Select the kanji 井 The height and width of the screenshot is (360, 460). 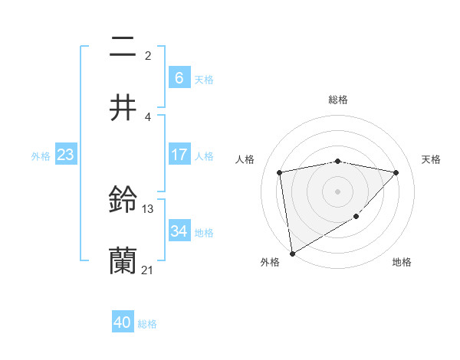[x=123, y=107]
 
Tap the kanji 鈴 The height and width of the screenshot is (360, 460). [x=123, y=201]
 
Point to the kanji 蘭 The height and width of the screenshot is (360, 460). [x=123, y=261]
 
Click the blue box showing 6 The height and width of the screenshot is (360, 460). [x=179, y=77]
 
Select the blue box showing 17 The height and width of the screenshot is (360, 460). [x=179, y=155]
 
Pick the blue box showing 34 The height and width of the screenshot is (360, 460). [x=179, y=231]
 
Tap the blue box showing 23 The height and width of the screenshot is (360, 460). [x=65, y=155]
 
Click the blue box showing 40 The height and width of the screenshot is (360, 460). [x=123, y=322]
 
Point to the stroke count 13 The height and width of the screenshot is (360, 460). [x=148, y=208]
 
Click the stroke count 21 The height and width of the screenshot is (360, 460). [x=148, y=270]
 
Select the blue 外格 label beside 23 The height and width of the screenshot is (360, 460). [x=41, y=156]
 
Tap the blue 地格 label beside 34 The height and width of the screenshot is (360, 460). [x=204, y=232]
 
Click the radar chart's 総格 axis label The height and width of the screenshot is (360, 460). [x=337, y=100]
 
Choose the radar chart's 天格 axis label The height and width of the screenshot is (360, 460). [x=431, y=159]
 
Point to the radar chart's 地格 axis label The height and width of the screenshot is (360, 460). [x=402, y=262]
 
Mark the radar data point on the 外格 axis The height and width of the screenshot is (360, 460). [x=291, y=253]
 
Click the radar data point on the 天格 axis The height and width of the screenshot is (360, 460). [x=396, y=172]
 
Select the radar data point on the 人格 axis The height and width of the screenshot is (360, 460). [x=280, y=172]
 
